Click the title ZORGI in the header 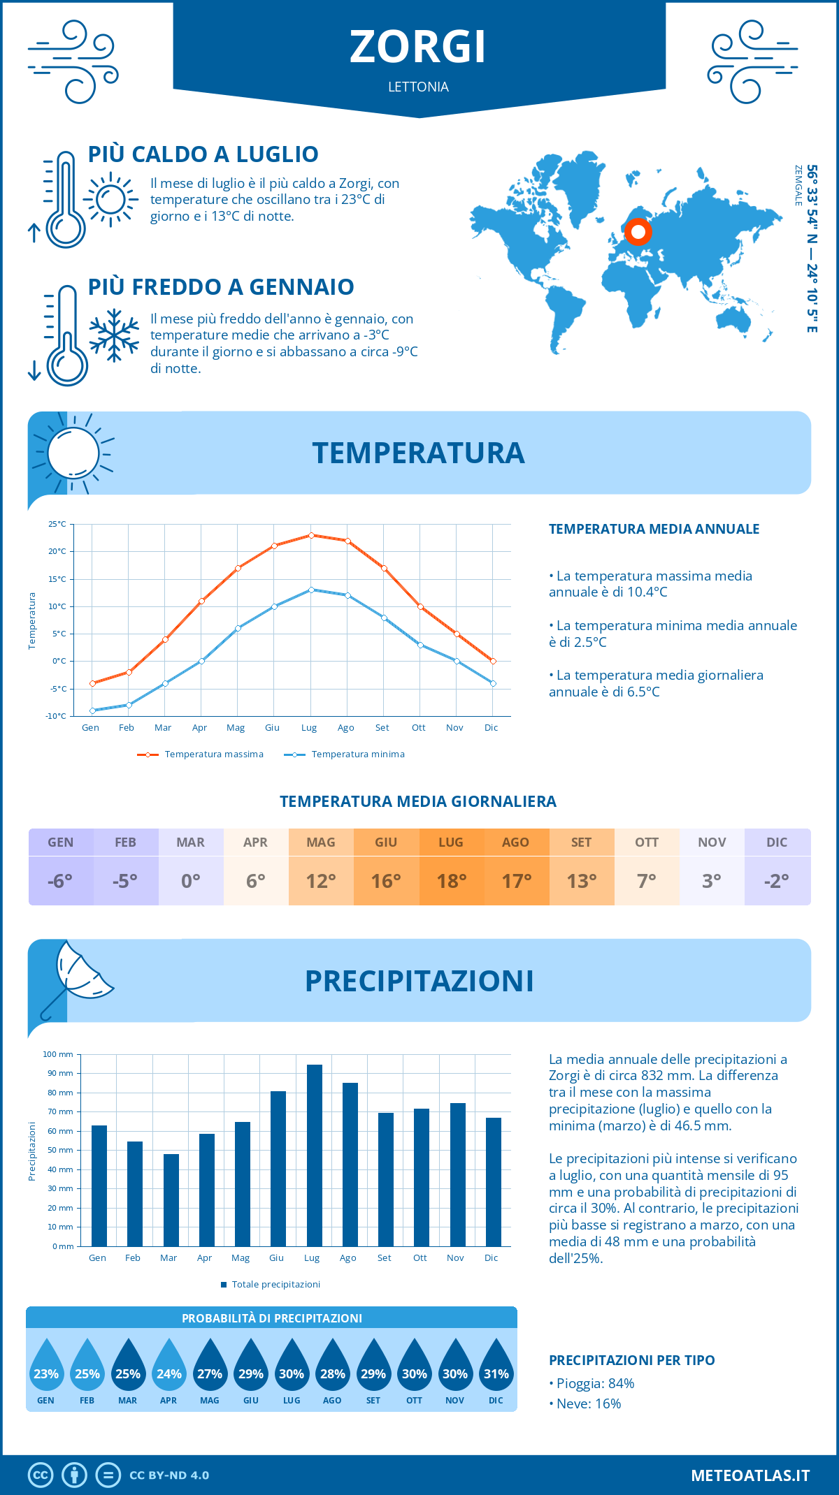click(418, 48)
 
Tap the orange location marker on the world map click(638, 231)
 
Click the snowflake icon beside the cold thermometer click(114, 335)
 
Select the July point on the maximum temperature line click(311, 535)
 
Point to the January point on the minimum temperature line click(92, 710)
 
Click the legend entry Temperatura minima click(357, 754)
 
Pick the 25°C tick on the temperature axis click(57, 524)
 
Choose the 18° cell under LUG click(451, 881)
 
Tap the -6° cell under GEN click(60, 881)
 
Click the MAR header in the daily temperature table click(190, 843)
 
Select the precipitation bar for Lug click(314, 1155)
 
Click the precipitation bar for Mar click(171, 1199)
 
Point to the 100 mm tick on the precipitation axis click(58, 1054)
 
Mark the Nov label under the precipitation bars click(455, 1258)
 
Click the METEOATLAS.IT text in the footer click(750, 1475)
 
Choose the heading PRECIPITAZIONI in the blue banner click(419, 981)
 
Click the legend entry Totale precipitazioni click(275, 1285)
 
